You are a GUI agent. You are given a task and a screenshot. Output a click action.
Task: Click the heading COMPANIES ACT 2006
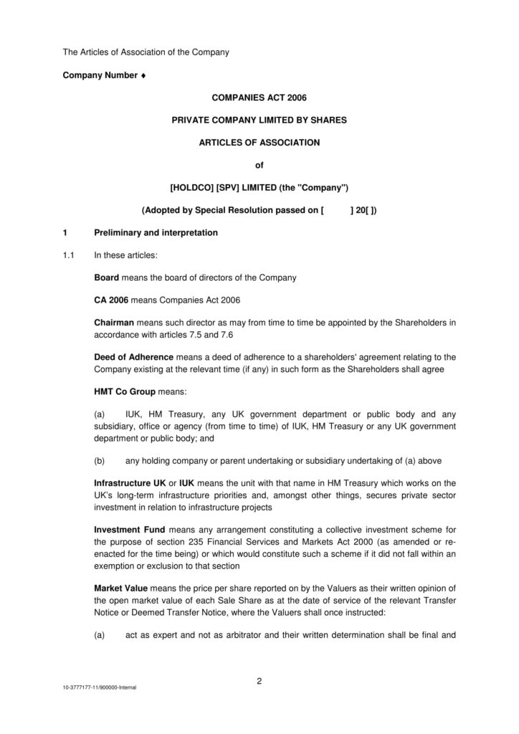tap(259, 97)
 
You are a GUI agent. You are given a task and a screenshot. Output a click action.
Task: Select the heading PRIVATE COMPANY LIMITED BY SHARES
tap(259, 120)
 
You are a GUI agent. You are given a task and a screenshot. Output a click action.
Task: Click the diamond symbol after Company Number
tap(144, 75)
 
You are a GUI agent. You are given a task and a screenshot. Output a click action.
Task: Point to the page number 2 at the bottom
tap(259, 681)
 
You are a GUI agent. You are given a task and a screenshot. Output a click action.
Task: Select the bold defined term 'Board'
tap(107, 277)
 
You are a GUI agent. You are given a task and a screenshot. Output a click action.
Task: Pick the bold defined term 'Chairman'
tap(114, 323)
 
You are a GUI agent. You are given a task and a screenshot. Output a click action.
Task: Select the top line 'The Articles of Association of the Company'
tap(146, 52)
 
